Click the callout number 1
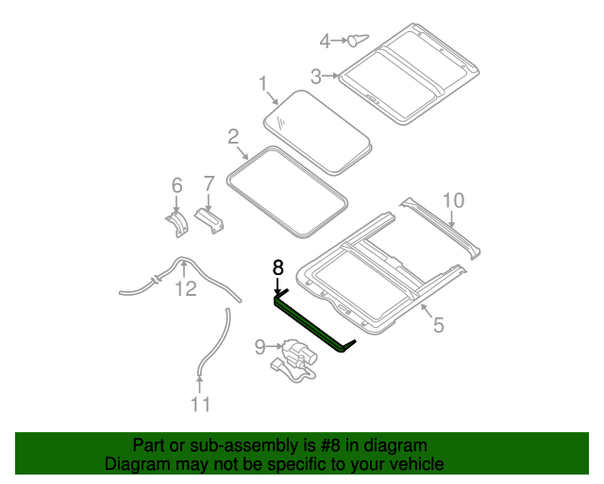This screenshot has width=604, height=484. click(x=264, y=85)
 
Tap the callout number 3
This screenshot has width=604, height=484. click(x=317, y=75)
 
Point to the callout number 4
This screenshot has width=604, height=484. click(x=325, y=41)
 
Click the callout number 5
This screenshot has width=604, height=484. click(x=438, y=326)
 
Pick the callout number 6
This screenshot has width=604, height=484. click(x=176, y=185)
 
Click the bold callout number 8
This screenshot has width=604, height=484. click(x=277, y=268)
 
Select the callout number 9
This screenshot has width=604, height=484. click(x=260, y=348)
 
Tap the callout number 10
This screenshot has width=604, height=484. click(x=453, y=199)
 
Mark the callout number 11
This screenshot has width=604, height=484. click(x=199, y=406)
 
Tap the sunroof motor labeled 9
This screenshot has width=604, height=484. click(x=298, y=360)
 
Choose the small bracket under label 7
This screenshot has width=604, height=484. click(x=210, y=222)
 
